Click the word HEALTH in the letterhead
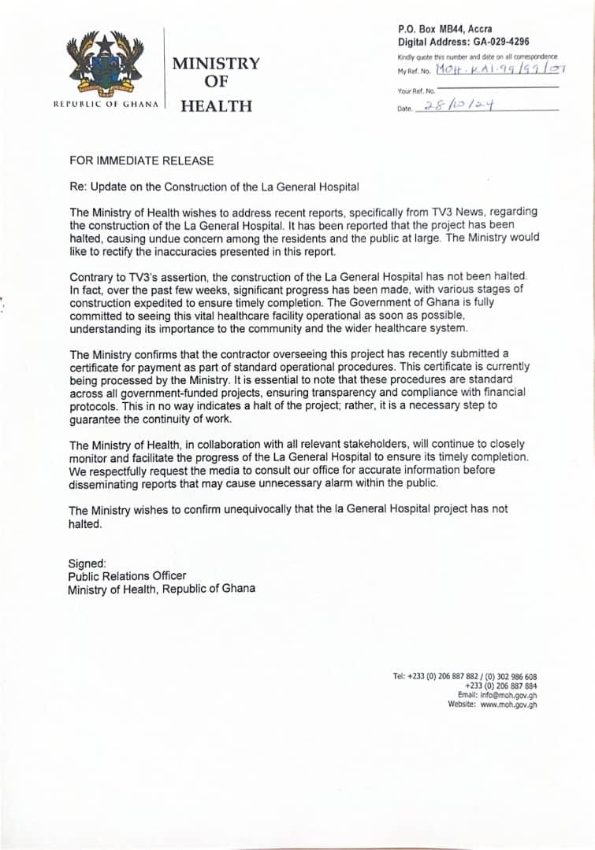click(217, 105)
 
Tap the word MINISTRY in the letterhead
click(216, 63)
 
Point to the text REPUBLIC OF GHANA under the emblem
click(106, 104)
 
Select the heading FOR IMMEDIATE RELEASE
click(141, 161)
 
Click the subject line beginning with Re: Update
click(214, 187)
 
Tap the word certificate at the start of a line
click(98, 367)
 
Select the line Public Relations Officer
click(127, 576)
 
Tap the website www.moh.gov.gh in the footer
click(508, 704)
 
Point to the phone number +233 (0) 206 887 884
click(501, 686)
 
